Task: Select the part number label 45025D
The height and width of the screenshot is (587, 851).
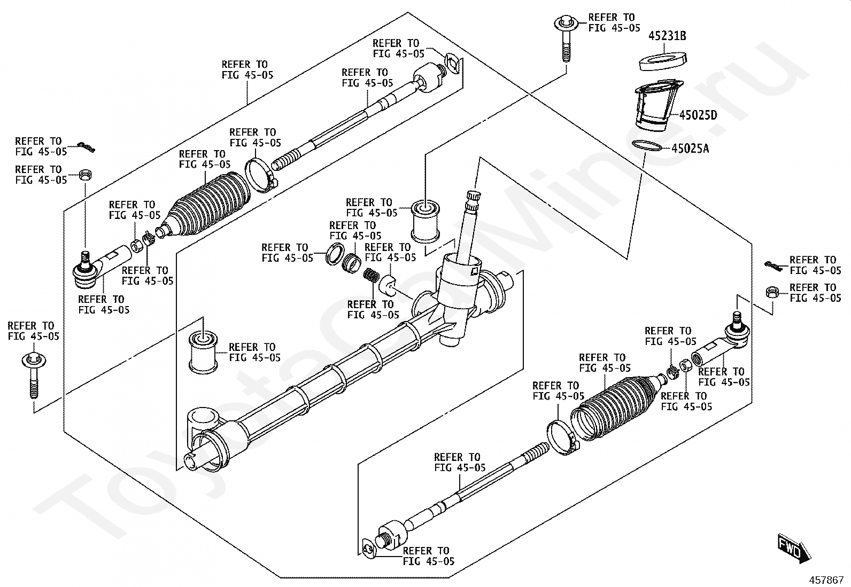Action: (698, 115)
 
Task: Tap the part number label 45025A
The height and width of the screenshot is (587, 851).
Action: (690, 148)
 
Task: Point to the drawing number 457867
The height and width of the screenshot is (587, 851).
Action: (826, 580)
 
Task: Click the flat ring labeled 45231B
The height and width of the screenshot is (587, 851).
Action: (663, 61)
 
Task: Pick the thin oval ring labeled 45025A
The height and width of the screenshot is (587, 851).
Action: (647, 145)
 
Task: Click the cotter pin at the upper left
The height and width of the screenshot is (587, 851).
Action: (86, 147)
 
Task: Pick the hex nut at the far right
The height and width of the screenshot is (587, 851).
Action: (772, 293)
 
